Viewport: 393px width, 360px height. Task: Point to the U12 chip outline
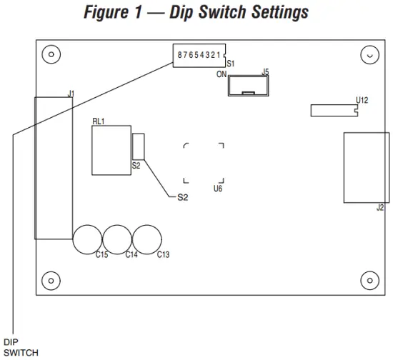333,110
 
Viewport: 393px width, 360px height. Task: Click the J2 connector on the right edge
365,168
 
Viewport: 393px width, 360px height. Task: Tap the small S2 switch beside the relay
139,146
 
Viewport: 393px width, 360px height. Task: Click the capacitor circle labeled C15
87,239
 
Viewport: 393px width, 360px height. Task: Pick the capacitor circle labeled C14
117,239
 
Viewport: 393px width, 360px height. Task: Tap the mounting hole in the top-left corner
49,54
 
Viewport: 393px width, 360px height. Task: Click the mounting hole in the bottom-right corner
369,279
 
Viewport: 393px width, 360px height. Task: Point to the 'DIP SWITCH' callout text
20,347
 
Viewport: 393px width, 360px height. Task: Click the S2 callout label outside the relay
182,197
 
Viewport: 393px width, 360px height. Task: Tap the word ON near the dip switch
221,74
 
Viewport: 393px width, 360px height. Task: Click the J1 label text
71,93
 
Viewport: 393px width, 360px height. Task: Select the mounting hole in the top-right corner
369,54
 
